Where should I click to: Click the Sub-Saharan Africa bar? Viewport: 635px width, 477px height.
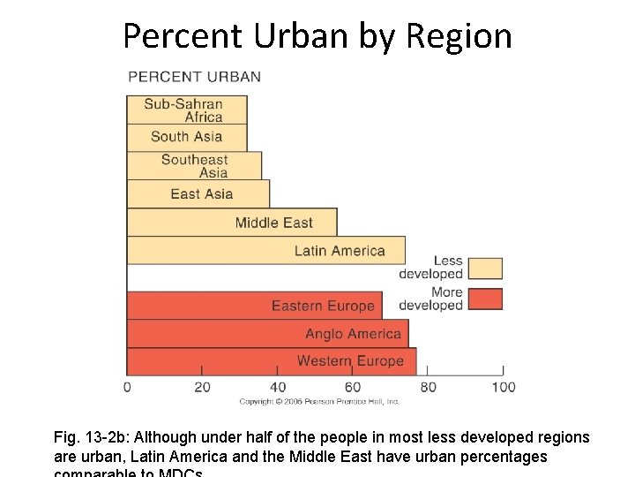click(x=186, y=110)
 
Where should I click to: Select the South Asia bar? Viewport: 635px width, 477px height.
click(x=186, y=137)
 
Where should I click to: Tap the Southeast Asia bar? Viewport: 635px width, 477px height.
click(x=194, y=165)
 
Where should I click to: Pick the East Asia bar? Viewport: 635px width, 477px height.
click(x=198, y=194)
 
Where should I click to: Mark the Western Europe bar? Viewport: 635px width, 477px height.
click(x=272, y=361)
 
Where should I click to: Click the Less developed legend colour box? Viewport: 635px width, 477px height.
click(x=485, y=269)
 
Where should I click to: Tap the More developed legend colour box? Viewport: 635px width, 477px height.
click(x=485, y=299)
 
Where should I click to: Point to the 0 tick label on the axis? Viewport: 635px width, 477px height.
click(x=127, y=386)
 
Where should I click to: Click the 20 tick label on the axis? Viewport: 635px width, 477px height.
click(x=202, y=386)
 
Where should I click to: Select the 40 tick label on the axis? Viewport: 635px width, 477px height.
click(x=278, y=386)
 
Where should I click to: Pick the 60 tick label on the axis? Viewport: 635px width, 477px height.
click(x=353, y=386)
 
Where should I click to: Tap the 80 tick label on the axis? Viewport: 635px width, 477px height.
click(x=428, y=386)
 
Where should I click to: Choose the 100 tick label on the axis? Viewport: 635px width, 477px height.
click(x=504, y=386)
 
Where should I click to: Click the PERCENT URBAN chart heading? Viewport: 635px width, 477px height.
click(x=194, y=76)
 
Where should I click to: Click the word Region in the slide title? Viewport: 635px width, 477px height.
click(x=459, y=36)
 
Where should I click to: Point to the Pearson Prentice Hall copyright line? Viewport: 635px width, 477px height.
click(x=319, y=402)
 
